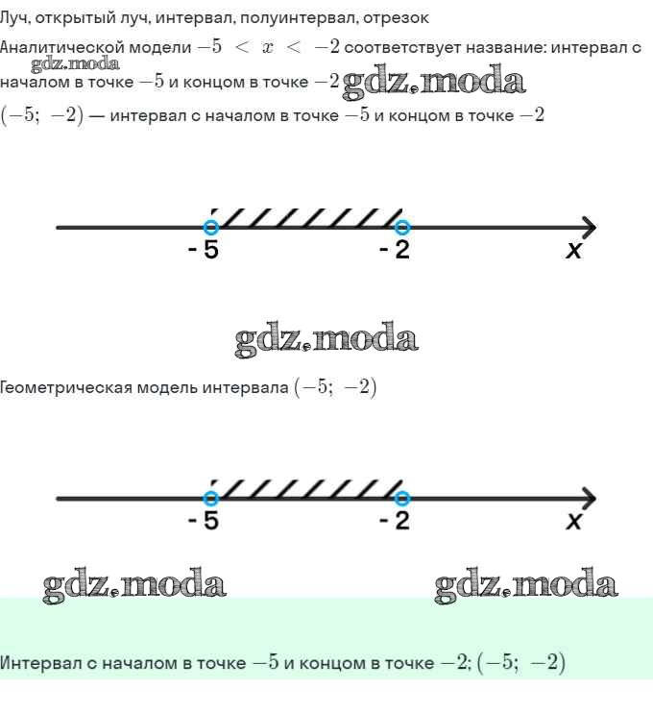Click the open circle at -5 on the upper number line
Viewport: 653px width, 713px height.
tap(211, 227)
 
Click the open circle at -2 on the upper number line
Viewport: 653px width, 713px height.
tap(401, 227)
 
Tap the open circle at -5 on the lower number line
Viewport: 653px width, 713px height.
tap(211, 499)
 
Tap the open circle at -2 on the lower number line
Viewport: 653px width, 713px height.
tap(401, 499)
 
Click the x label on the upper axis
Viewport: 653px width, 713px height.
tap(573, 250)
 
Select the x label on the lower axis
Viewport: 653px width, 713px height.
tap(573, 521)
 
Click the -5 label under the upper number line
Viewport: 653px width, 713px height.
tap(204, 249)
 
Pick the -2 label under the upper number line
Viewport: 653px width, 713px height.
tap(395, 249)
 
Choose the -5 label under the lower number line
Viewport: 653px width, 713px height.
tap(204, 520)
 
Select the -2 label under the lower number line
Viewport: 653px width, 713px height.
tap(395, 520)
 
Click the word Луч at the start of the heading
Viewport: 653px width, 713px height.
tap(14, 18)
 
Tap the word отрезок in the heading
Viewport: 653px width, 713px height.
tap(396, 18)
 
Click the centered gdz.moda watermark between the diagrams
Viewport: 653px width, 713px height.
tap(326, 339)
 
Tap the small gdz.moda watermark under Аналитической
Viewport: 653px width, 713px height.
tap(76, 64)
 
